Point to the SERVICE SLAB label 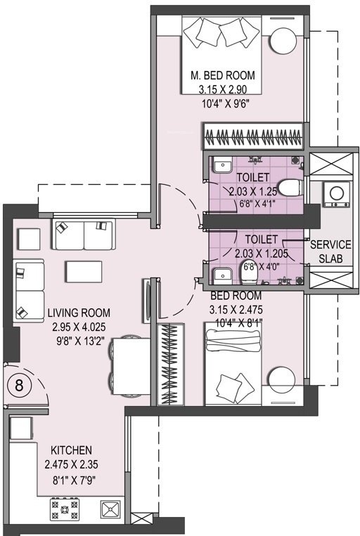tap(330, 249)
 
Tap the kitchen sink tap(110, 508)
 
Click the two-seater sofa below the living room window tap(83, 235)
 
